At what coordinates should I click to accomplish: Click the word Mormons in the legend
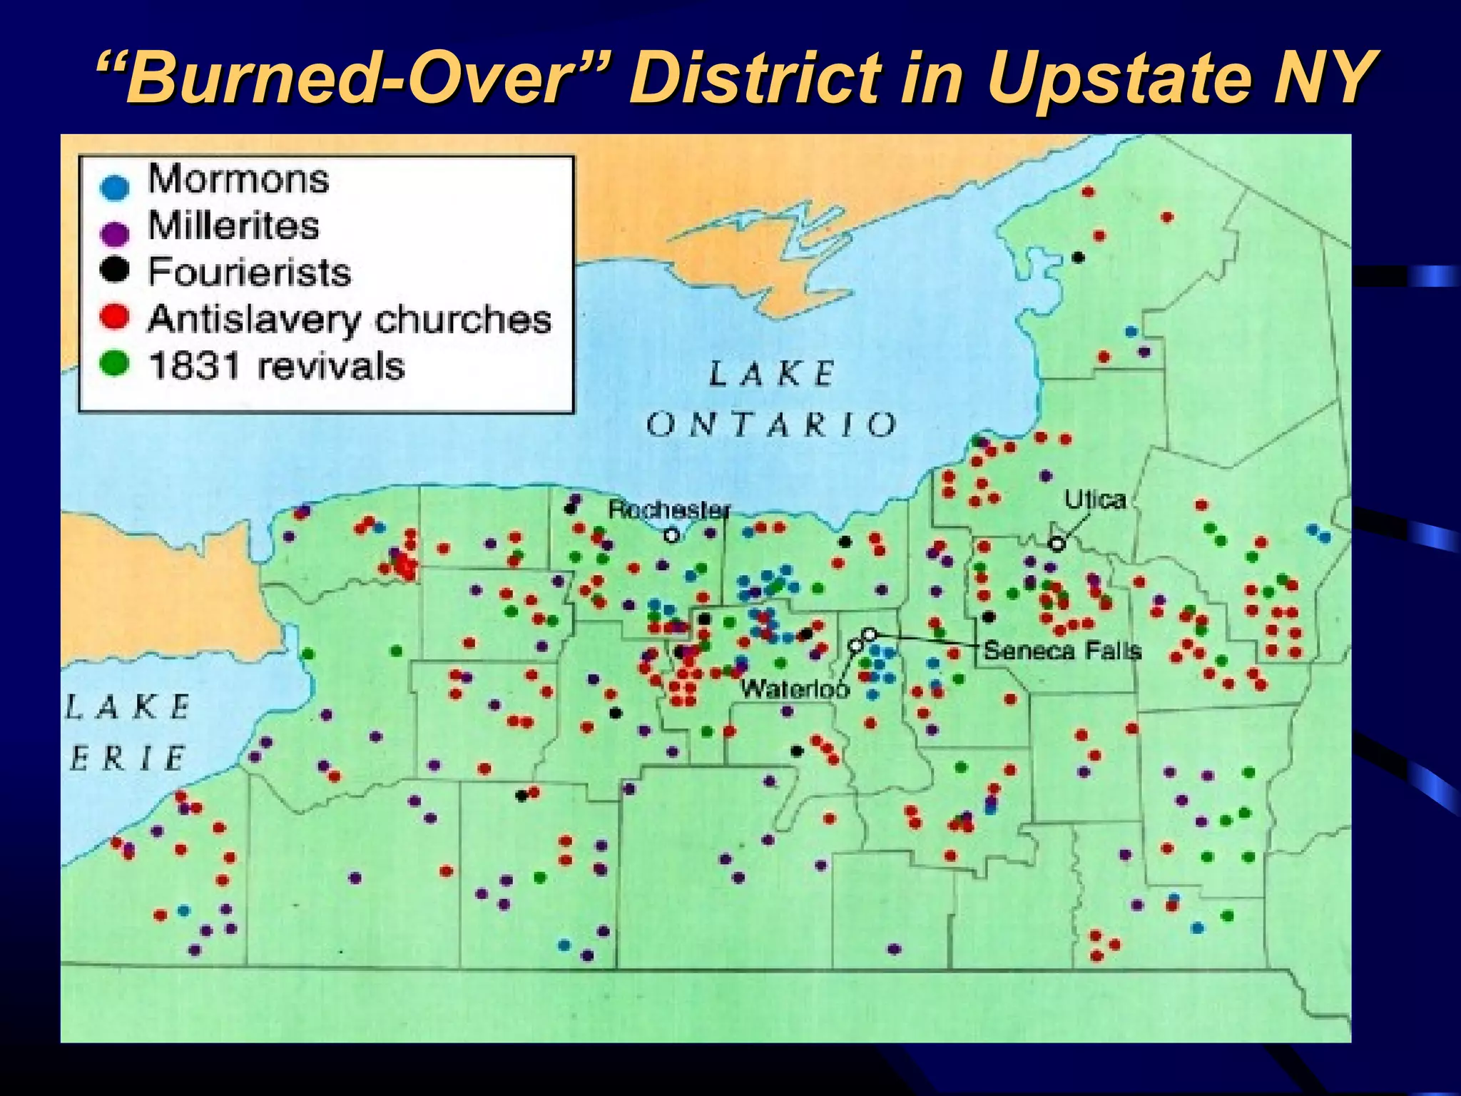pos(238,178)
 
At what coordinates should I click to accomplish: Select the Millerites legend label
pos(233,225)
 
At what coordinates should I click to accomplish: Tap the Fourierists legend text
pos(249,272)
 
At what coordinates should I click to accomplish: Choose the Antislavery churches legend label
pos(350,319)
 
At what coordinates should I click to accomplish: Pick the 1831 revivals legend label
pos(276,366)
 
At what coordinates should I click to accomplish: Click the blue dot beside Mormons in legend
pos(115,187)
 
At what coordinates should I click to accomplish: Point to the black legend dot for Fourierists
pos(115,270)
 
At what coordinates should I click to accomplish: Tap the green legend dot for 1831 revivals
pos(115,364)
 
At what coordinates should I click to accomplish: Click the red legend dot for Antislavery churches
pos(115,317)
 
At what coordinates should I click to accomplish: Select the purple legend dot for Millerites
pos(115,233)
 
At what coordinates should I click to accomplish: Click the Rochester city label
pos(669,509)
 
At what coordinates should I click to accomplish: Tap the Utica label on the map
pos(1095,499)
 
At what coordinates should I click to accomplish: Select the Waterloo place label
pos(795,689)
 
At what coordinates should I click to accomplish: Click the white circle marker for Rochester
pos(671,535)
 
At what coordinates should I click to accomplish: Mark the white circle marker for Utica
pos(1057,544)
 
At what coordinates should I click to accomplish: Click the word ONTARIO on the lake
pos(772,425)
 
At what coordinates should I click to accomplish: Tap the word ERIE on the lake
pos(128,758)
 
